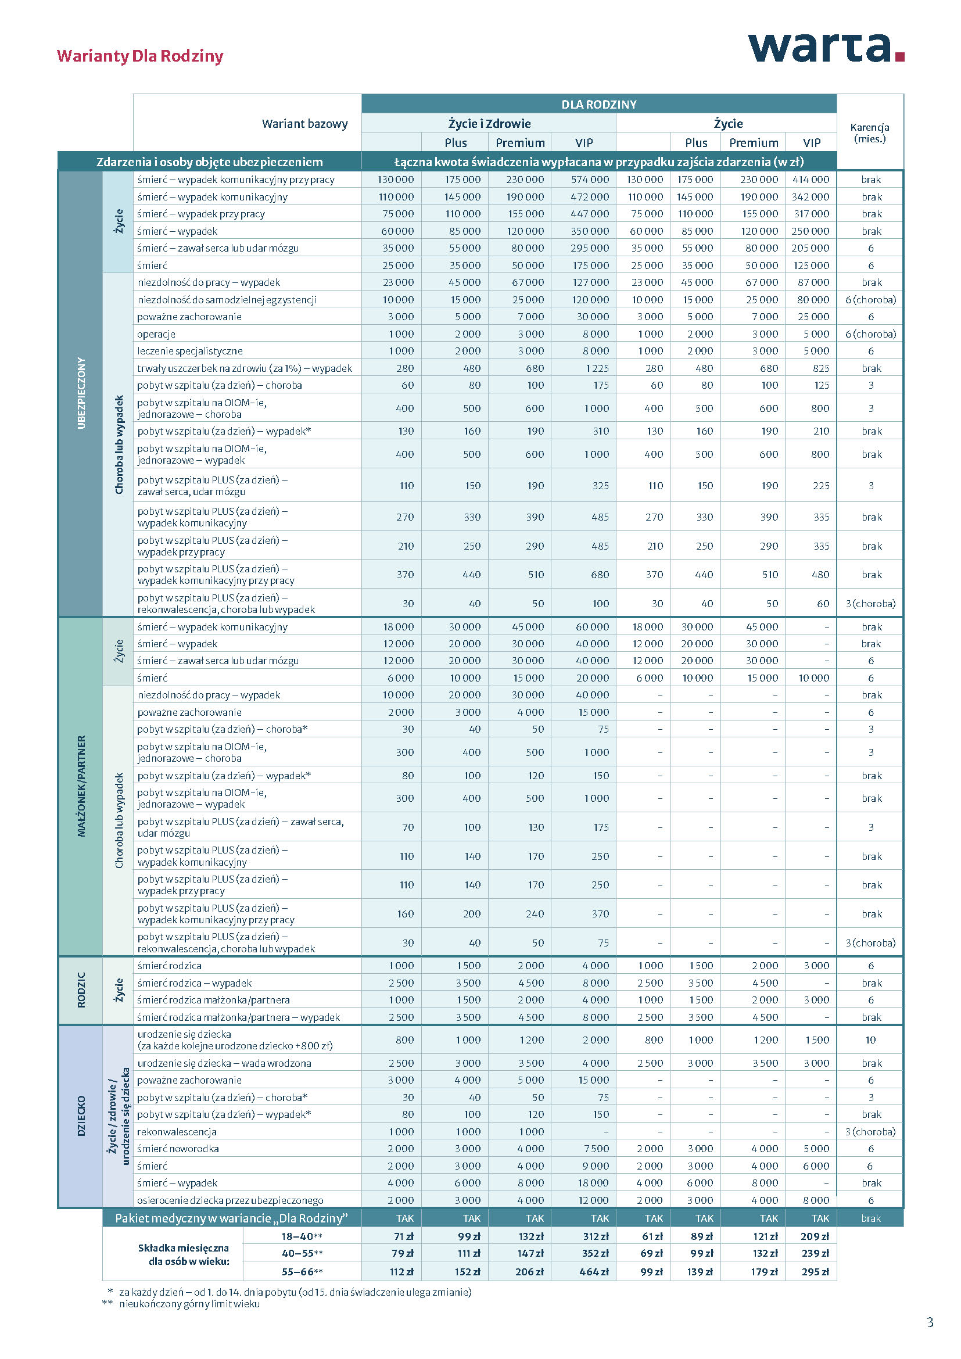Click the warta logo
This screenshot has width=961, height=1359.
825,48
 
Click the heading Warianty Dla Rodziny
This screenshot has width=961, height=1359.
139,56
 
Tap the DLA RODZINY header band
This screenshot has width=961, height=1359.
598,104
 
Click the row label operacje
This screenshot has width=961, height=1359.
156,334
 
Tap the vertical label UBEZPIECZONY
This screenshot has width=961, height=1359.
81,393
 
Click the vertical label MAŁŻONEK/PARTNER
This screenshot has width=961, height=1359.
81,786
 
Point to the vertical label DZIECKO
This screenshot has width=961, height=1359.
81,1115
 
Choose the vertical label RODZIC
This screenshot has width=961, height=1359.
81,989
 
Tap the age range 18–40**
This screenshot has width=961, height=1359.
301,1236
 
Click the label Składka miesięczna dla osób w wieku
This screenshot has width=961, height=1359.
184,1254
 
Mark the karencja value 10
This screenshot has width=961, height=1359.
870,1040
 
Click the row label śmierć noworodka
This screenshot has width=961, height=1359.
178,1149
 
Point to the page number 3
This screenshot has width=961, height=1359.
930,1322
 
